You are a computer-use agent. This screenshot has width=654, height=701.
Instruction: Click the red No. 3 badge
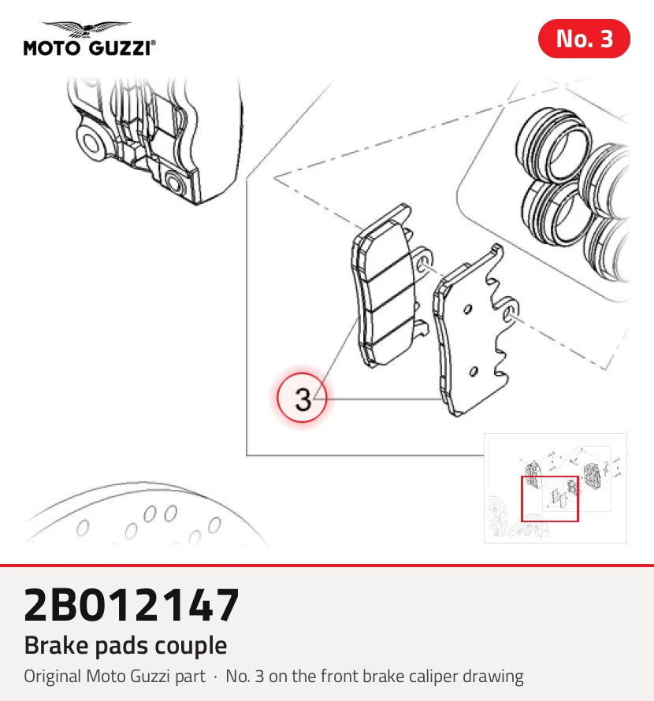coord(584,39)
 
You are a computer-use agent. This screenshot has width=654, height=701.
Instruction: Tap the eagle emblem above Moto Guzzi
coord(87,28)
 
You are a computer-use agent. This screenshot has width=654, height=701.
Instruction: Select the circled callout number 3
coord(302,398)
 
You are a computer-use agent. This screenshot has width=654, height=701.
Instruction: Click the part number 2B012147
coord(131,605)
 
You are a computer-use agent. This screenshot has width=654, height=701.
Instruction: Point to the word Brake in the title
coord(57,646)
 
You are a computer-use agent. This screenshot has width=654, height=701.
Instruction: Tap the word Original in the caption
coord(53,677)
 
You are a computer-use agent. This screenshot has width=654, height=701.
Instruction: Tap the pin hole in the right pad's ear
coord(509,313)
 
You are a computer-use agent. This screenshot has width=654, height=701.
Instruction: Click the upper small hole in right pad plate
coord(467,309)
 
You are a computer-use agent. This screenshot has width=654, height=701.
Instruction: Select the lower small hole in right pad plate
coord(473,371)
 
